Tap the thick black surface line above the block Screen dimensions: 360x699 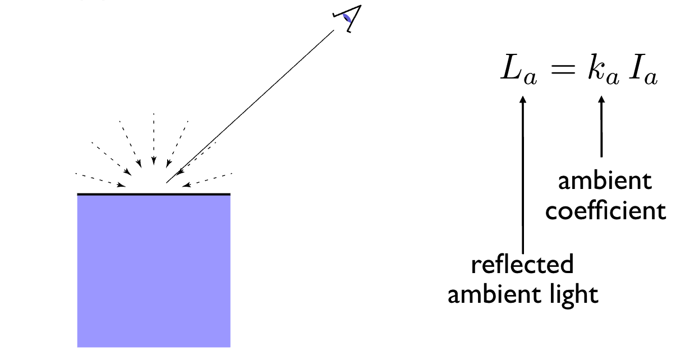point(154,194)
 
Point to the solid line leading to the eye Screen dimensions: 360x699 point(252,106)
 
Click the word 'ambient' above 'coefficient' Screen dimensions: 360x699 point(605,181)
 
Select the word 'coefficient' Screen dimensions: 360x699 point(606,211)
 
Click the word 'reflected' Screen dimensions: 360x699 point(522,264)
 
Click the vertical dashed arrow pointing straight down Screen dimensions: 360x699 point(154,140)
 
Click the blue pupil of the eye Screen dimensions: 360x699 point(348,19)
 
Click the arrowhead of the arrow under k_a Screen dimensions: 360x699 point(602,101)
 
